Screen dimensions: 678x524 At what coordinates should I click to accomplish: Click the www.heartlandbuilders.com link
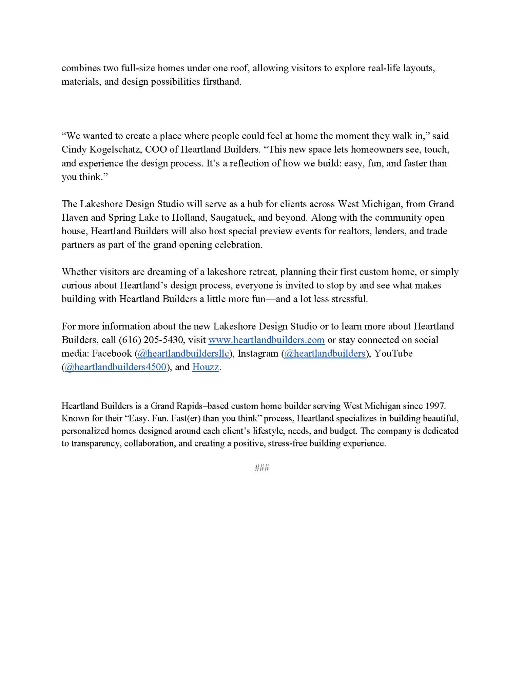[x=266, y=340]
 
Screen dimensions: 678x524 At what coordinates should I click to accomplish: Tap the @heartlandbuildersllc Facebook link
[x=183, y=353]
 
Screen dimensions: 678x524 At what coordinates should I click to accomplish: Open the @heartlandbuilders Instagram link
[x=325, y=353]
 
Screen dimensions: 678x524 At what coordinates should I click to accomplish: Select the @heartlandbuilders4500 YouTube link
[x=115, y=367]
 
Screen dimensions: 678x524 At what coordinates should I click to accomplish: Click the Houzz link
[x=206, y=367]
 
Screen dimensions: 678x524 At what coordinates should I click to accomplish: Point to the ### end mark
[x=262, y=468]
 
